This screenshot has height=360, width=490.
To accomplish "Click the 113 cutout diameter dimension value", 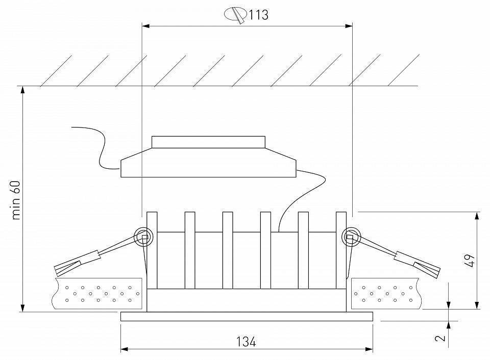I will coord(259,15).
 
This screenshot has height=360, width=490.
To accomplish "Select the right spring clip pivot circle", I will coord(351,237).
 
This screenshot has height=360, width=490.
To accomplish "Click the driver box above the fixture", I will coord(208,163).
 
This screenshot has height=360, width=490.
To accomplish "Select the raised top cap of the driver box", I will coord(208,142).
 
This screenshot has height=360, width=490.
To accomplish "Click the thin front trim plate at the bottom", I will coord(247,317).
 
